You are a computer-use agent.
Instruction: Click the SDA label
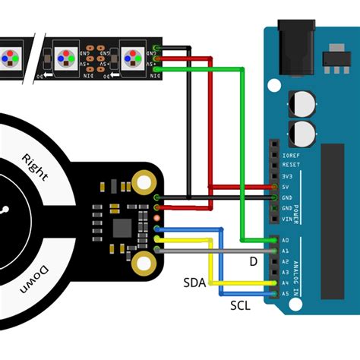(194, 283)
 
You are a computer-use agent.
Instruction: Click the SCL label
(241, 305)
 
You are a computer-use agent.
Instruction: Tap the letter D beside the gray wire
(253, 261)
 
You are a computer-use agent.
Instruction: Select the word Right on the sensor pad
(36, 168)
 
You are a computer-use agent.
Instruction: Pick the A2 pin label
(285, 261)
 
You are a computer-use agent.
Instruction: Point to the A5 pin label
(285, 293)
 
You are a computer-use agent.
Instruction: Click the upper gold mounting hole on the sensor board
(143, 182)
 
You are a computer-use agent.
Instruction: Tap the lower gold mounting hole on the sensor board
(143, 263)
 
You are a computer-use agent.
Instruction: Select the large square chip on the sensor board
(122, 227)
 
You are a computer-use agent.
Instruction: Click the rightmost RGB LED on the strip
(132, 58)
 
